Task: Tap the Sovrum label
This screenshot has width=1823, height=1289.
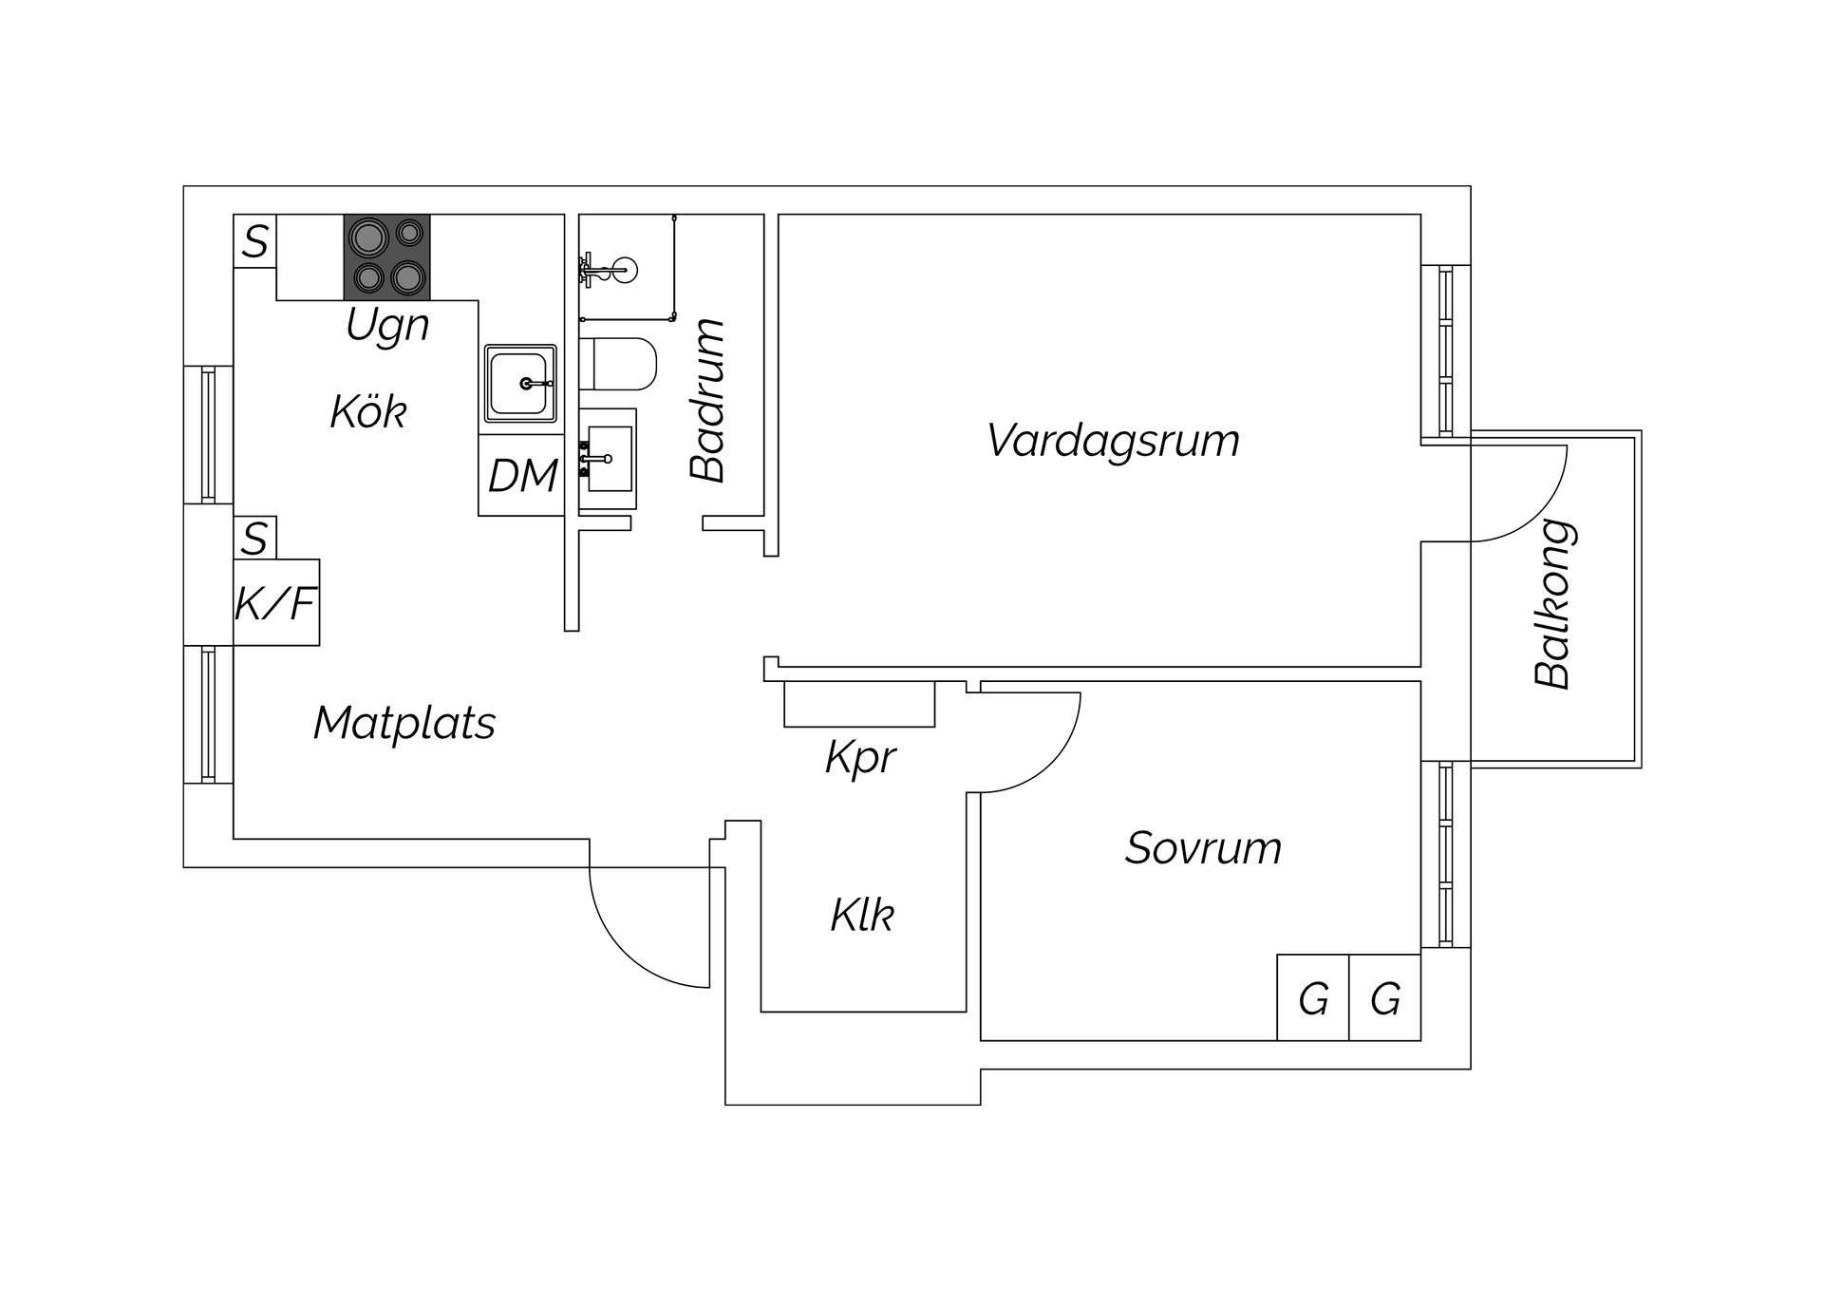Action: (x=1203, y=848)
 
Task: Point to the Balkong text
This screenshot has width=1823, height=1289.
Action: (x=1554, y=603)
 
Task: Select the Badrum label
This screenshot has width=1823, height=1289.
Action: (x=708, y=401)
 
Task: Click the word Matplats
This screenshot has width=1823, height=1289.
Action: (x=404, y=724)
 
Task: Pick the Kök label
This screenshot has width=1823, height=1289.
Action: (x=368, y=412)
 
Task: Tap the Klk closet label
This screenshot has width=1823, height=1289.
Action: (x=862, y=916)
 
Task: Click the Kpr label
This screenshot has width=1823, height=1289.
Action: (x=860, y=758)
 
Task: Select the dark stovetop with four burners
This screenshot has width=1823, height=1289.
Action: (x=386, y=256)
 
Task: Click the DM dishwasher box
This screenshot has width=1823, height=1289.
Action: (x=521, y=475)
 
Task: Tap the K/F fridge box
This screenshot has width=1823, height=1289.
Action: (x=275, y=602)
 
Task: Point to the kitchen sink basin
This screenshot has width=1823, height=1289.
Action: (x=518, y=383)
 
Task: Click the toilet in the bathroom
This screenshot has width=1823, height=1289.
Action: (x=623, y=364)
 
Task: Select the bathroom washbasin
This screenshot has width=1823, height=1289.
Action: (x=609, y=459)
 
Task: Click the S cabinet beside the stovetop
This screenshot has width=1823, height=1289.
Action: (x=254, y=241)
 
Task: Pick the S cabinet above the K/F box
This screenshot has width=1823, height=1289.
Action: (x=254, y=539)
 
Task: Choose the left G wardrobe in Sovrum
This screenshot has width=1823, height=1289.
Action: (x=1312, y=998)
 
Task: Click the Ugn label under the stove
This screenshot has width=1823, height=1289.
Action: (x=387, y=326)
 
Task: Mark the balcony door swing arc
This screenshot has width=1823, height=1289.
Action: (x=1538, y=513)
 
